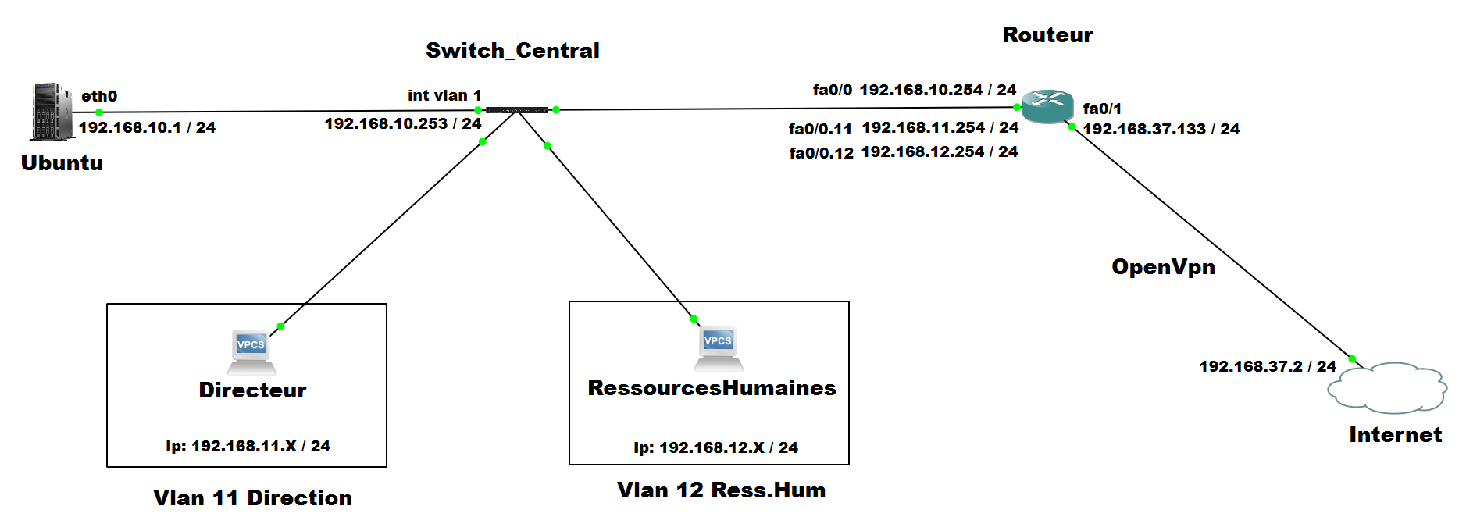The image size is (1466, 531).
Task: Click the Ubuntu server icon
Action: [x=52, y=112]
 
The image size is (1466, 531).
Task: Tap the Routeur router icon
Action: [x=1047, y=106]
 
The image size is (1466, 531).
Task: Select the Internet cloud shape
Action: [x=1387, y=387]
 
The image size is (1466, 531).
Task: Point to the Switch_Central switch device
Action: [x=516, y=110]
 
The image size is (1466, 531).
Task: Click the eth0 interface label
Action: [x=99, y=96]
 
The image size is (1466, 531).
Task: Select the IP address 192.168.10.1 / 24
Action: [x=147, y=127]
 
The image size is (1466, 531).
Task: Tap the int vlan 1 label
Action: [x=444, y=95]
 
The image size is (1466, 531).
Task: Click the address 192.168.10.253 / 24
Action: [x=403, y=123]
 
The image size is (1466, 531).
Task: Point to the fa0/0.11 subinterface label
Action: [x=820, y=129]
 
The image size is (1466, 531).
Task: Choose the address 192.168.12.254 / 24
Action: [x=940, y=151]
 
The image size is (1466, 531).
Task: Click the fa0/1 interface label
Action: [x=1102, y=109]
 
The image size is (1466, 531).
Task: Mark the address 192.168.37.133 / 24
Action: [x=1161, y=129]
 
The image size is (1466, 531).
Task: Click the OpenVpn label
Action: [x=1163, y=267]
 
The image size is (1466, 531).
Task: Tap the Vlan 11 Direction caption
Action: [x=252, y=498]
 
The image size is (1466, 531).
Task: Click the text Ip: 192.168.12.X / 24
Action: [x=715, y=447]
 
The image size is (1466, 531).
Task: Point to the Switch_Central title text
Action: [x=512, y=51]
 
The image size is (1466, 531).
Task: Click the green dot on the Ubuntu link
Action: [x=99, y=112]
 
